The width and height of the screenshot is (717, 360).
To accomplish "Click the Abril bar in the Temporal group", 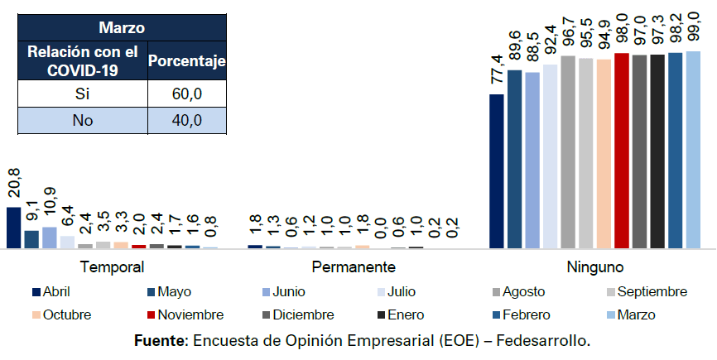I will pyautogui.click(x=13, y=228).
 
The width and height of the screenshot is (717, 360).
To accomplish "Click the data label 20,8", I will pyautogui.click(x=14, y=184).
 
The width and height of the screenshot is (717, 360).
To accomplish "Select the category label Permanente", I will pyautogui.click(x=354, y=267).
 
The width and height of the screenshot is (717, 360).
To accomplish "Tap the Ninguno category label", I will pyautogui.click(x=594, y=267).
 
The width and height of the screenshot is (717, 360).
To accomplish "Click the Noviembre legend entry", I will pyautogui.click(x=189, y=314).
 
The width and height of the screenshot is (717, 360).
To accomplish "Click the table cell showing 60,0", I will pyautogui.click(x=187, y=94).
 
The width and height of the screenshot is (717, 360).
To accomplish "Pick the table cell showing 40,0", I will pyautogui.click(x=187, y=121).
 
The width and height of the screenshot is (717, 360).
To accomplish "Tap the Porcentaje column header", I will pyautogui.click(x=187, y=60).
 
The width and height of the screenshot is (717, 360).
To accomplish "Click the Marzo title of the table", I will pyautogui.click(x=122, y=27).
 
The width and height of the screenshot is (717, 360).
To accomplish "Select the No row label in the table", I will pyautogui.click(x=83, y=121).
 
